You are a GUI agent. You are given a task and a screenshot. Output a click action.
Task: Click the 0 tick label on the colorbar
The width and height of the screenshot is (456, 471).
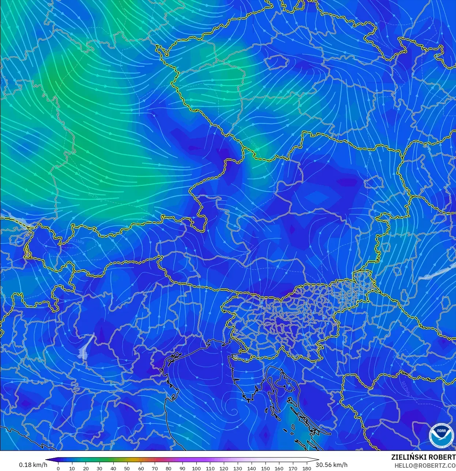tap(58, 468)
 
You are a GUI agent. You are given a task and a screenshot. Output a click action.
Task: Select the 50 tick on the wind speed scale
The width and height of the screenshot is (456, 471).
tap(127, 468)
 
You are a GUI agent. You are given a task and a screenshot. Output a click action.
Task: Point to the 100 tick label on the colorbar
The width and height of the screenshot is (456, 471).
tap(196, 468)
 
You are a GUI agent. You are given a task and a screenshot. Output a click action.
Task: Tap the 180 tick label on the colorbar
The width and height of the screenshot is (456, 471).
tap(307, 468)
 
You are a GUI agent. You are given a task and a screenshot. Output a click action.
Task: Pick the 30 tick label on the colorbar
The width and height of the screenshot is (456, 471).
tap(99, 468)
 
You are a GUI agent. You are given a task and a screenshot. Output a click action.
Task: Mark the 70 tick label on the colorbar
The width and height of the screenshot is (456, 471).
tap(155, 468)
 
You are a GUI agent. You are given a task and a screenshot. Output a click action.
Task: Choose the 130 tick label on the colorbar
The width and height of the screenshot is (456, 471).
tap(238, 468)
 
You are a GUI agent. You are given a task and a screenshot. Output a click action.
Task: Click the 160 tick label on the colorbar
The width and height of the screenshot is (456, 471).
tap(279, 468)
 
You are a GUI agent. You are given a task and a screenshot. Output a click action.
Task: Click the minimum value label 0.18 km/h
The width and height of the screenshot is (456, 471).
tap(33, 465)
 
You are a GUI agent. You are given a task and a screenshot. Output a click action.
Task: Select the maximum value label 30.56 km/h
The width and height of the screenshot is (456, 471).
tap(332, 465)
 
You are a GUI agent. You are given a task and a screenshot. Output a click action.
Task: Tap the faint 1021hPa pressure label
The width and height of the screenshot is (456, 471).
tap(78, 242)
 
